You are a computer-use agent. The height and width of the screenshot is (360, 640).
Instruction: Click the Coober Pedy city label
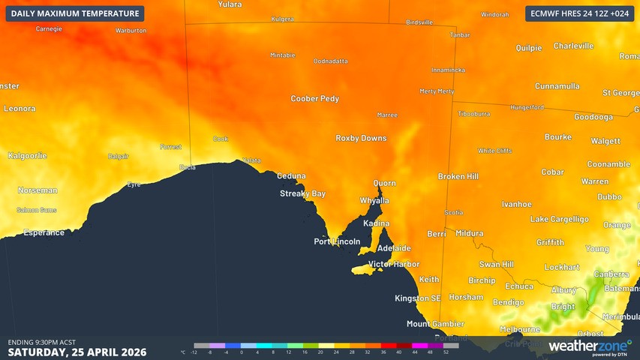point(314,99)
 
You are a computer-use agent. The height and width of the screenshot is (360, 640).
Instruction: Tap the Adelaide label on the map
point(394,248)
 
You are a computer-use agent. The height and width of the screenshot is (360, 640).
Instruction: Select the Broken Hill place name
point(458,176)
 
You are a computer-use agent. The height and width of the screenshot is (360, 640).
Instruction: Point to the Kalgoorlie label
point(27,156)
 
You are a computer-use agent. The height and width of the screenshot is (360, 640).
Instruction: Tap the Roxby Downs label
point(361,139)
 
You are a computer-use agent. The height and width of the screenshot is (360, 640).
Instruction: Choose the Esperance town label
point(44,232)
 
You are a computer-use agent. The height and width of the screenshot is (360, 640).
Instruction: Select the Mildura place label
point(469,234)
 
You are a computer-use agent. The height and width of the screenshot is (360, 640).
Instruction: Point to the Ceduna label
point(291,176)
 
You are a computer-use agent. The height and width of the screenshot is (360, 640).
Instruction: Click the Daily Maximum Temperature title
point(75,13)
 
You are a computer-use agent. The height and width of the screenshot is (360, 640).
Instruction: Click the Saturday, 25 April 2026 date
point(77,352)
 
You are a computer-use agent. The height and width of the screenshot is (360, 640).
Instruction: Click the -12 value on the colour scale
point(194,352)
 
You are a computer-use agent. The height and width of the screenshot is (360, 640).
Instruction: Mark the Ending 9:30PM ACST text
point(41,342)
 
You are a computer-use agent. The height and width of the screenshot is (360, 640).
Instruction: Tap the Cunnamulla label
point(557,86)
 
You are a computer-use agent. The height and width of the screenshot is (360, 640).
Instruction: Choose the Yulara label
point(230,4)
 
